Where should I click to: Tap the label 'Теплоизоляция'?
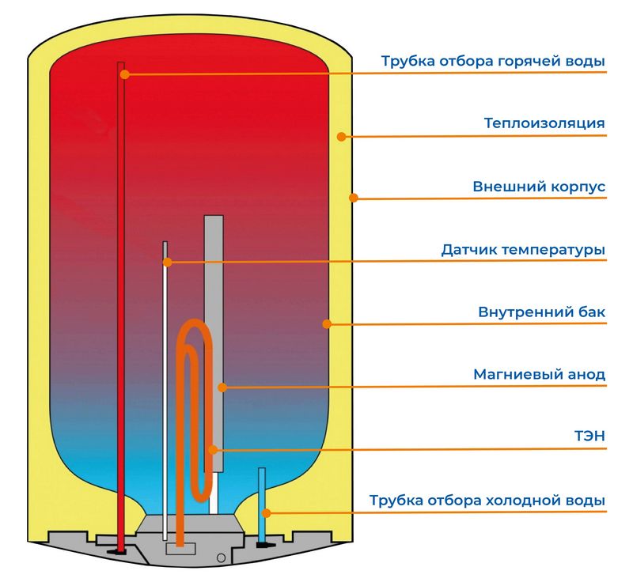(x=544, y=123)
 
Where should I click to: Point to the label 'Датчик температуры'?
(x=523, y=250)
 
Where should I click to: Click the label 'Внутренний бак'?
(x=541, y=312)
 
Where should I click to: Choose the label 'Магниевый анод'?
(x=539, y=374)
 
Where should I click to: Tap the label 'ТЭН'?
(x=589, y=436)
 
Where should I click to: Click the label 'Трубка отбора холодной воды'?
(x=487, y=501)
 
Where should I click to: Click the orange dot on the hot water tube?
(x=124, y=74)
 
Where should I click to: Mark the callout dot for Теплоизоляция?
(x=341, y=136)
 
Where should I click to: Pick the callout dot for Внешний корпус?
(x=354, y=198)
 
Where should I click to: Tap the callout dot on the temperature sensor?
(x=167, y=261)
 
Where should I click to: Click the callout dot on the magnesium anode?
(x=222, y=387)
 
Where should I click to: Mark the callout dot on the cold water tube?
(x=267, y=512)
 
